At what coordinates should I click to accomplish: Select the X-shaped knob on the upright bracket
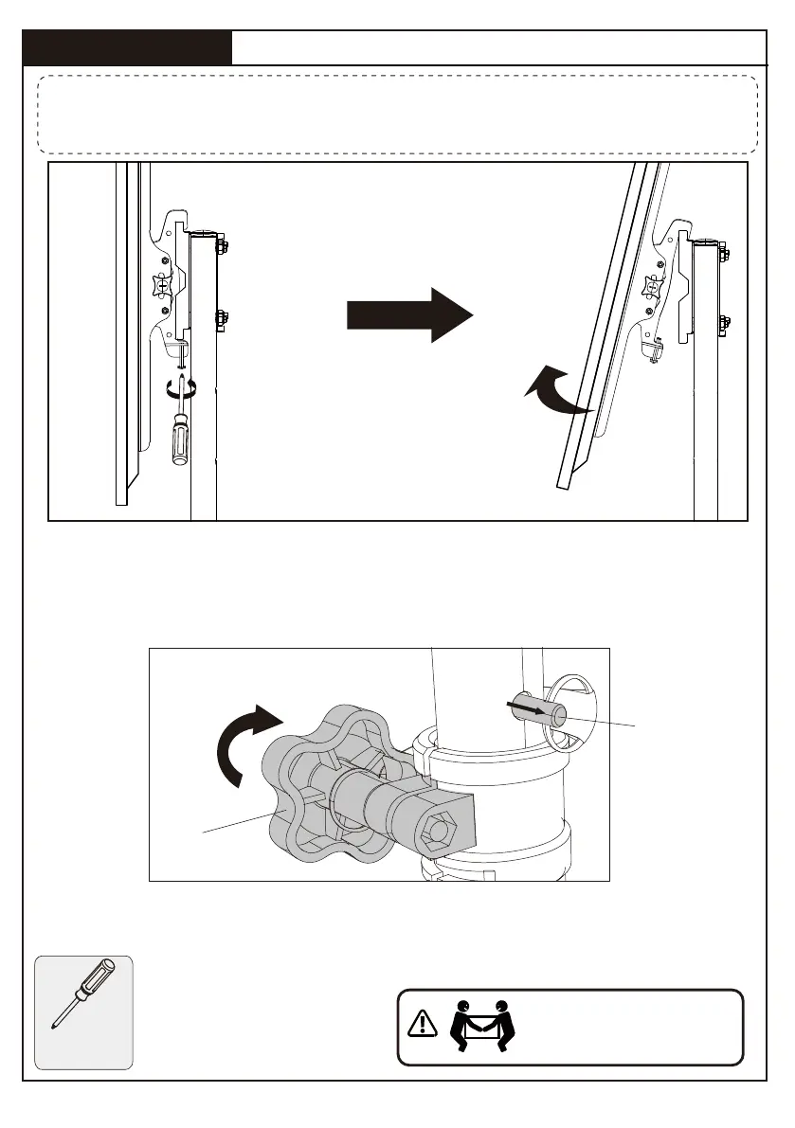(x=163, y=284)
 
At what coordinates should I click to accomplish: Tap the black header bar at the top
(x=128, y=47)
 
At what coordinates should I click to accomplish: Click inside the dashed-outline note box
(x=397, y=115)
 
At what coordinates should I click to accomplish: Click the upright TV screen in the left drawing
(x=120, y=331)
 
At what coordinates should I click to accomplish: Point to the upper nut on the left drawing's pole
(x=222, y=248)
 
